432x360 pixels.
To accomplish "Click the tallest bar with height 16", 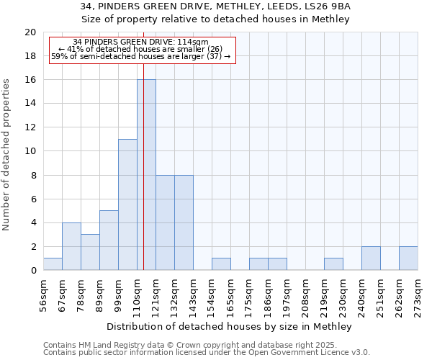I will coord(146,175).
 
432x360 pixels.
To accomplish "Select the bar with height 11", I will coord(127,204).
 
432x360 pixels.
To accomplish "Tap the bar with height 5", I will coord(109,240).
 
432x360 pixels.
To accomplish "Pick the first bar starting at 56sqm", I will coord(53,264).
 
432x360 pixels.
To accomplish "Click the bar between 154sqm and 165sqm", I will coord(221,264).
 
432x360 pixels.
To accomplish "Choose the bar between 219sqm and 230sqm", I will coord(333,264).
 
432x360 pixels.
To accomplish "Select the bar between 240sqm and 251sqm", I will coord(371,258).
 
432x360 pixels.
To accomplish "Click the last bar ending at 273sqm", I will coord(408,258).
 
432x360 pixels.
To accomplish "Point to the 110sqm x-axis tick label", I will coord(138,294).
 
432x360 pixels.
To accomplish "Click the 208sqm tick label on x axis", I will coord(306,294).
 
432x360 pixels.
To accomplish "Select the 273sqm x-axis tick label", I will coord(418,294).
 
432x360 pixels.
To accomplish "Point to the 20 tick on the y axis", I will coord(30,32).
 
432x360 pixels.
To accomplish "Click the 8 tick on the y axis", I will coord(33,175).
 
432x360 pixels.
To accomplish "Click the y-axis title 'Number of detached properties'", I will coord(7,154).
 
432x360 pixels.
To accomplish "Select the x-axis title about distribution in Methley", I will coord(230,327).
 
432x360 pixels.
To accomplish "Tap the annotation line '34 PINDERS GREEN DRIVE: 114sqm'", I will coord(141,42).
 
